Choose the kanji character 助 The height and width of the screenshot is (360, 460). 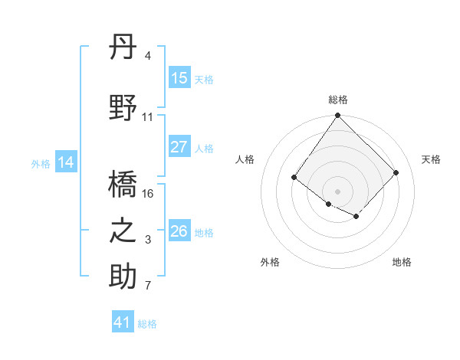pyautogui.click(x=123, y=277)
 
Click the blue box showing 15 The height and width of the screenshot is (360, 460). pyautogui.click(x=179, y=78)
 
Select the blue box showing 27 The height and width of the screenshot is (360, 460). pyautogui.click(x=179, y=147)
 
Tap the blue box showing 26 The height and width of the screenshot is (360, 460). pyautogui.click(x=179, y=231)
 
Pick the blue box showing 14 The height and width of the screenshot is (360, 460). pyautogui.click(x=66, y=162)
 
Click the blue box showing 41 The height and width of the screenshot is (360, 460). pyautogui.click(x=123, y=322)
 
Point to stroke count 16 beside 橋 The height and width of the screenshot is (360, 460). pyautogui.click(x=148, y=194)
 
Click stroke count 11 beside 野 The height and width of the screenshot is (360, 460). pyautogui.click(x=148, y=117)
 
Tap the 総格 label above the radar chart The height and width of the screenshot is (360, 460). pyautogui.click(x=337, y=100)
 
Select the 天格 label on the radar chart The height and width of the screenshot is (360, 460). pyautogui.click(x=431, y=159)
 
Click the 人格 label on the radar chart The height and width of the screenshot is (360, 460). pyautogui.click(x=245, y=159)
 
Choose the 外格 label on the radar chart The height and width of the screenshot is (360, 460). pyautogui.click(x=270, y=262)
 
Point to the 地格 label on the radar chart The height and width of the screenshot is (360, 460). pyautogui.click(x=402, y=262)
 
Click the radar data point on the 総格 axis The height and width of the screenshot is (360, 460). pyautogui.click(x=337, y=116)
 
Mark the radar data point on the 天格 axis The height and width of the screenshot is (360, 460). pyautogui.click(x=396, y=172)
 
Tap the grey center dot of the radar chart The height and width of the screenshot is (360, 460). pyautogui.click(x=337, y=191)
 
